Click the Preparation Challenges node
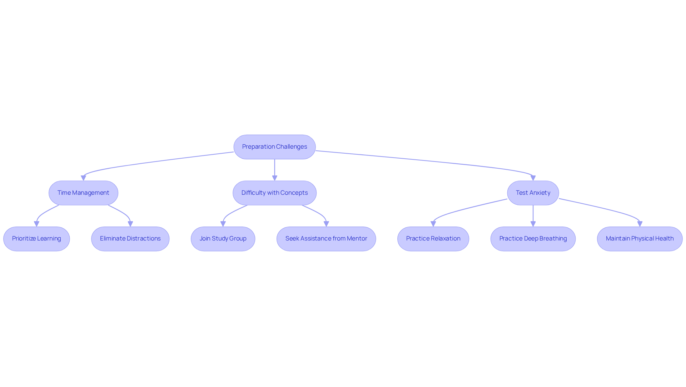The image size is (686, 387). (274, 147)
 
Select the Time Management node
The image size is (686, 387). (83, 193)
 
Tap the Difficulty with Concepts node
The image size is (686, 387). (274, 193)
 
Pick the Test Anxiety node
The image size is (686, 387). (533, 193)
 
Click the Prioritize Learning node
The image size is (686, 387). (36, 239)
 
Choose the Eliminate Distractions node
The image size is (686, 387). (130, 239)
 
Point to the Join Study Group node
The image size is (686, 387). (223, 239)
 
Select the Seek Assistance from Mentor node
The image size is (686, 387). (326, 239)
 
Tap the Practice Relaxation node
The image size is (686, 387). (433, 239)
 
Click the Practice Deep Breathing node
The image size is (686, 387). (533, 239)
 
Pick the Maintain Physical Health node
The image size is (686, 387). (640, 239)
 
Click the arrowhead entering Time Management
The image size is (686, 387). (83, 178)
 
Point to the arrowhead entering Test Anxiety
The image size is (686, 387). (533, 178)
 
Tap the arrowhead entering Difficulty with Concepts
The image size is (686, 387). (274, 178)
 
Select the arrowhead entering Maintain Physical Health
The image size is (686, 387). (640, 224)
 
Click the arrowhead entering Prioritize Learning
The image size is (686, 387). (36, 224)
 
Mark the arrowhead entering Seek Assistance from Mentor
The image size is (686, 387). (326, 224)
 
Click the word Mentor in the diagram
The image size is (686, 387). (357, 239)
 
